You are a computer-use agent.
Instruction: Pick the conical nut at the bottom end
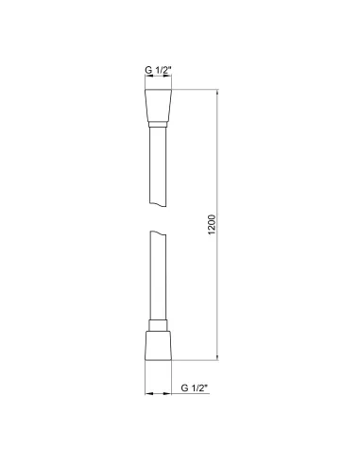point(159,345)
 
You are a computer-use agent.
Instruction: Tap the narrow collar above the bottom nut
point(159,324)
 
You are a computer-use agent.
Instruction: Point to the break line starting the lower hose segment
point(159,237)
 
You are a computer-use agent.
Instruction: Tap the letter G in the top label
point(147,70)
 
